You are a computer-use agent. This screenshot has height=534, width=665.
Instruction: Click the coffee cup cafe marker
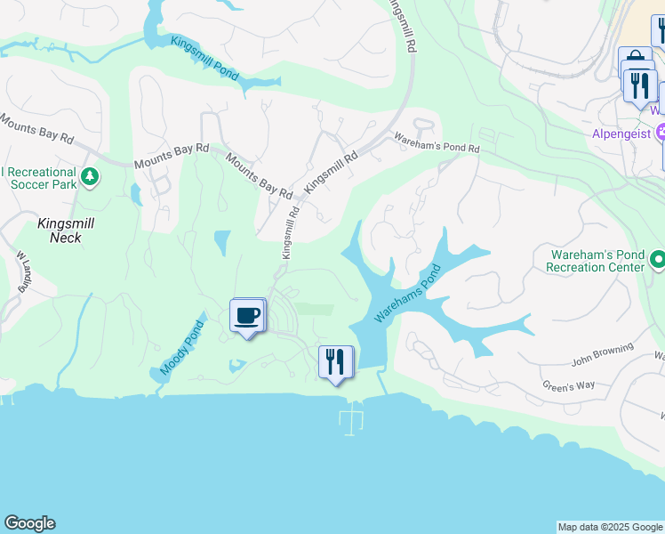pyautogui.click(x=247, y=315)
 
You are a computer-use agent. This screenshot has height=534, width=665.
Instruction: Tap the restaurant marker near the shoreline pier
pyautogui.click(x=336, y=362)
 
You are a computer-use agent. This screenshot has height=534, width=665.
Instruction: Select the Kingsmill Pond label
pyautogui.click(x=204, y=57)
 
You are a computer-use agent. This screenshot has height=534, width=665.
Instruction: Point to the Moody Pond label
pyautogui.click(x=183, y=348)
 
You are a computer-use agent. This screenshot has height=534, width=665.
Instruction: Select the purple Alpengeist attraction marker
pyautogui.click(x=661, y=134)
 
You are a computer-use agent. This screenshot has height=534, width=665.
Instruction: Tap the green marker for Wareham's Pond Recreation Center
pyautogui.click(x=658, y=260)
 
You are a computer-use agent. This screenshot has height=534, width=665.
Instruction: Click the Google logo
pyautogui.click(x=29, y=523)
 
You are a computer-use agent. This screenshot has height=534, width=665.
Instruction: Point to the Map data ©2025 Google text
pyautogui.click(x=609, y=527)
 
